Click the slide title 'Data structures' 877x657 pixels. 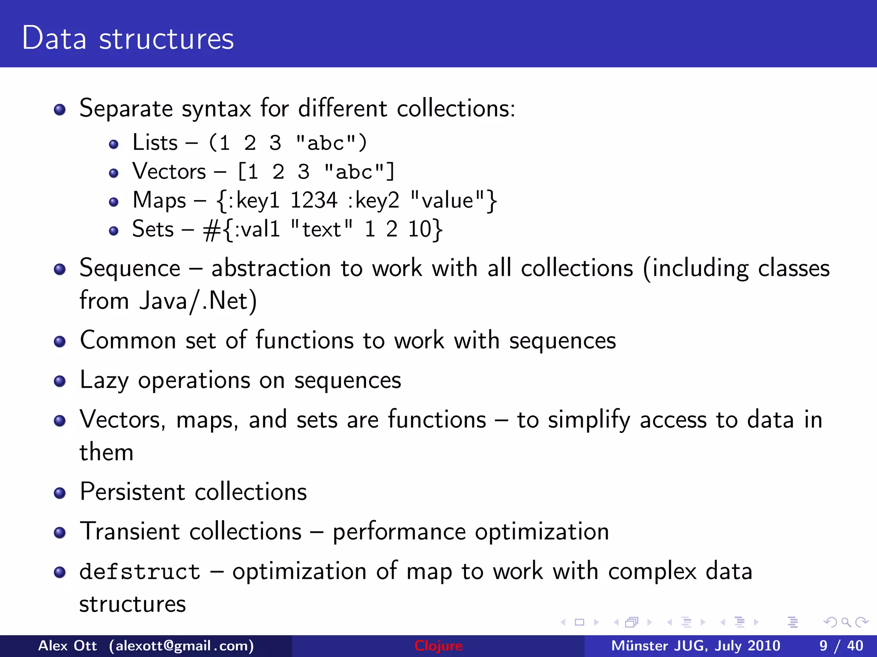(x=128, y=38)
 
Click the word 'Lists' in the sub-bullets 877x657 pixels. (x=155, y=142)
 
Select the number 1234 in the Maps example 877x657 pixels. (x=314, y=200)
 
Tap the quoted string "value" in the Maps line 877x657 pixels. (x=447, y=200)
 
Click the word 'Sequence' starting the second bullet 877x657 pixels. (x=130, y=269)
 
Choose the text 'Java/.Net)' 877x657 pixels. (x=198, y=301)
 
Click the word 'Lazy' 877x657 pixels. (x=104, y=380)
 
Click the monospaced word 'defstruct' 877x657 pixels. (x=140, y=572)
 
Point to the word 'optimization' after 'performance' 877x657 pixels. (x=542, y=532)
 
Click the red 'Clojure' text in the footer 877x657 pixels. (x=438, y=646)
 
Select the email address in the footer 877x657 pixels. (x=181, y=646)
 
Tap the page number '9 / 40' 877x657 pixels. (x=841, y=646)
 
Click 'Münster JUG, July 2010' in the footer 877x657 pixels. (x=695, y=646)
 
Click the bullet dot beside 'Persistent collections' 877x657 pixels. (x=60, y=493)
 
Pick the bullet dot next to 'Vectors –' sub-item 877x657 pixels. (x=113, y=173)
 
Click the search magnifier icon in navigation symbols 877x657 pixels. (x=846, y=622)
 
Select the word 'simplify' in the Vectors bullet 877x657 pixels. (x=589, y=420)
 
